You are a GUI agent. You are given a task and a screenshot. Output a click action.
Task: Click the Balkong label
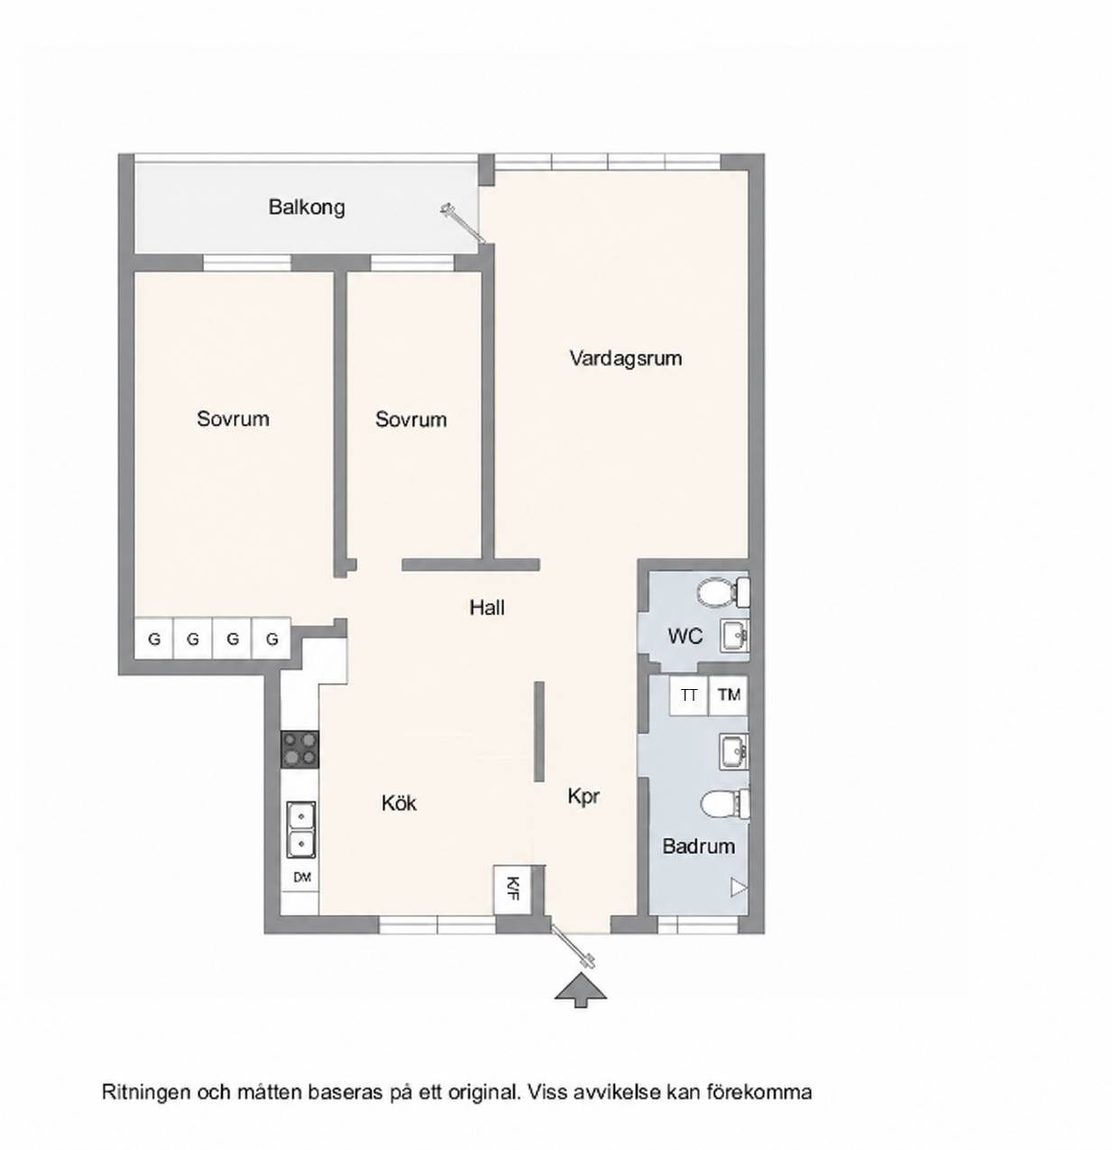[307, 207]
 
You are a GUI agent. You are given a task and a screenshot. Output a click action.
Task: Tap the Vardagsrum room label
[626, 358]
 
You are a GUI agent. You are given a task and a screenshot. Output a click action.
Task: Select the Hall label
[487, 608]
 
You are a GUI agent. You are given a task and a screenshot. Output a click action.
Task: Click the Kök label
[399, 803]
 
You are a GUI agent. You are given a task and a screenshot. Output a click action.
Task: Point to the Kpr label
[584, 797]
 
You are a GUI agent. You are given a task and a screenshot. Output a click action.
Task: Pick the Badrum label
[698, 846]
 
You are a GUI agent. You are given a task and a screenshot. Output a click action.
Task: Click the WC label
[685, 637]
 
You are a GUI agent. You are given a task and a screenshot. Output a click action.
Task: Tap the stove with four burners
[299, 750]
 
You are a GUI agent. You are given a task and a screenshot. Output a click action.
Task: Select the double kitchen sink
[301, 830]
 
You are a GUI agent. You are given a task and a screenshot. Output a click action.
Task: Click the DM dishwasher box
[302, 878]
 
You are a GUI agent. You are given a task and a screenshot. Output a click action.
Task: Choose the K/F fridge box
[512, 888]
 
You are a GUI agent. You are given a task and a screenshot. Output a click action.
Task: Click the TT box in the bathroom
[688, 695]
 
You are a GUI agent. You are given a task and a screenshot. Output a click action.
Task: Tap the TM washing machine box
[729, 695]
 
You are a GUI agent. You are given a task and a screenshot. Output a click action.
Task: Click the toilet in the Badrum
[726, 804]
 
